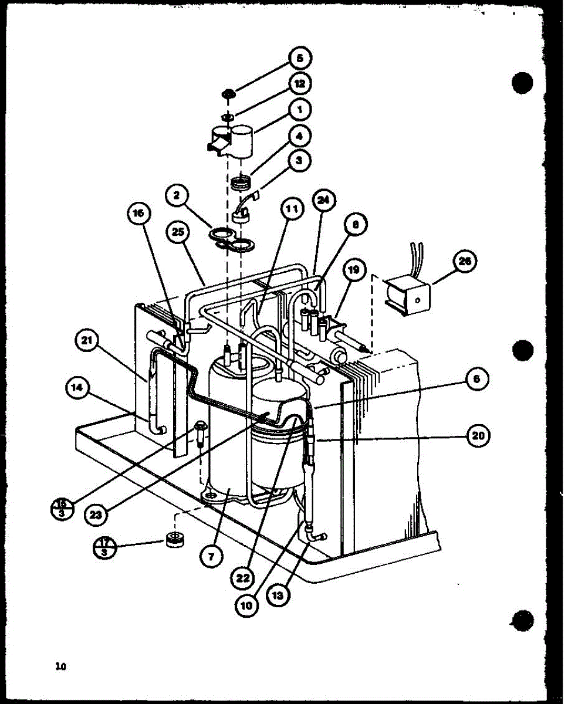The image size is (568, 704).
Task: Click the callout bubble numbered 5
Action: tap(300, 59)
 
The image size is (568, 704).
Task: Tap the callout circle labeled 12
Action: tap(300, 84)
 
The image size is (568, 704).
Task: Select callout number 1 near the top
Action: tap(300, 110)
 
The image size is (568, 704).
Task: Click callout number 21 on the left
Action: tap(87, 343)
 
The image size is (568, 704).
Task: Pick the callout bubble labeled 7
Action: tap(212, 554)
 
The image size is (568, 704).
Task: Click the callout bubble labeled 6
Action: tap(476, 380)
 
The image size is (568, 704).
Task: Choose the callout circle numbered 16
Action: tap(138, 214)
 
